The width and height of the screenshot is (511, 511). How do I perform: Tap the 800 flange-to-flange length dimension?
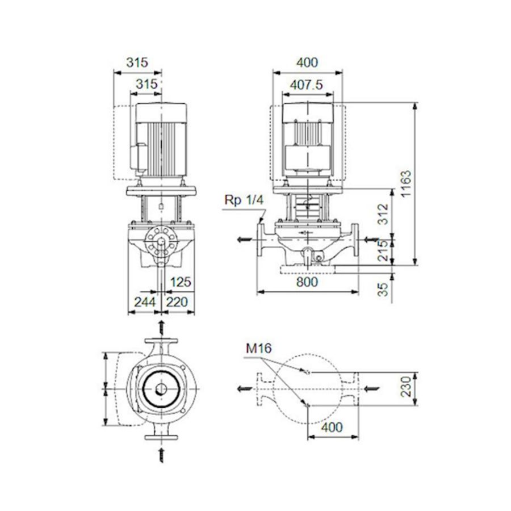click(307, 282)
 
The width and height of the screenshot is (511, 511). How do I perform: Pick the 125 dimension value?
click(181, 282)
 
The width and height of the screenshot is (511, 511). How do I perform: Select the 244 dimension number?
click(144, 302)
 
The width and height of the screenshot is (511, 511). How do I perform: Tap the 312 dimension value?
click(384, 214)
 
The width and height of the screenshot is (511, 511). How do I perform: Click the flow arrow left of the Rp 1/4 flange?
click(245, 239)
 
